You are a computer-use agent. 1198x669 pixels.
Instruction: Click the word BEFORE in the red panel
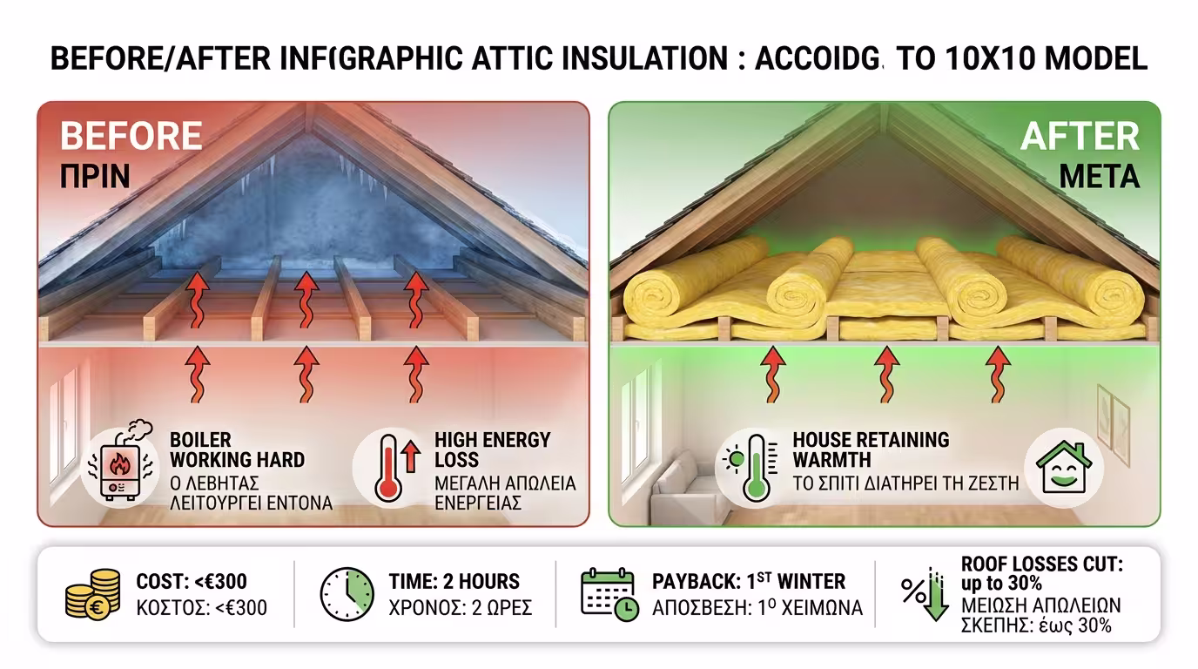(x=131, y=137)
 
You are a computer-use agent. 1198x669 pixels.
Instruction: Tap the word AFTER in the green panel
(x=1080, y=137)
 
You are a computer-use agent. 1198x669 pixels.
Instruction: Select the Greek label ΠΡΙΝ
(x=95, y=177)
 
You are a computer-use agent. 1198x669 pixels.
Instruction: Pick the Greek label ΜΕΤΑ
(x=1099, y=177)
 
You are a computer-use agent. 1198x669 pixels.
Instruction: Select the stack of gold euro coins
(x=93, y=594)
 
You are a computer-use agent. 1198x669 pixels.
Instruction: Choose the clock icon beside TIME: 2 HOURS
(x=347, y=594)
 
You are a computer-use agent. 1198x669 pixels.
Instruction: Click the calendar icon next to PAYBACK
(x=608, y=594)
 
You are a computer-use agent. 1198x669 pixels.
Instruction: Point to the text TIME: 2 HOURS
(x=454, y=581)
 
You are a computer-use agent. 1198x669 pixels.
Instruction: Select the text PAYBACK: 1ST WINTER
(x=748, y=581)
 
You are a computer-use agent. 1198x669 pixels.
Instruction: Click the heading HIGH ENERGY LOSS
(x=492, y=449)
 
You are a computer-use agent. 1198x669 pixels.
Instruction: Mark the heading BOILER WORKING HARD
(x=237, y=449)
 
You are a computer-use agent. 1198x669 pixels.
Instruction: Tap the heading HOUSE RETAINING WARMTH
(x=871, y=449)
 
